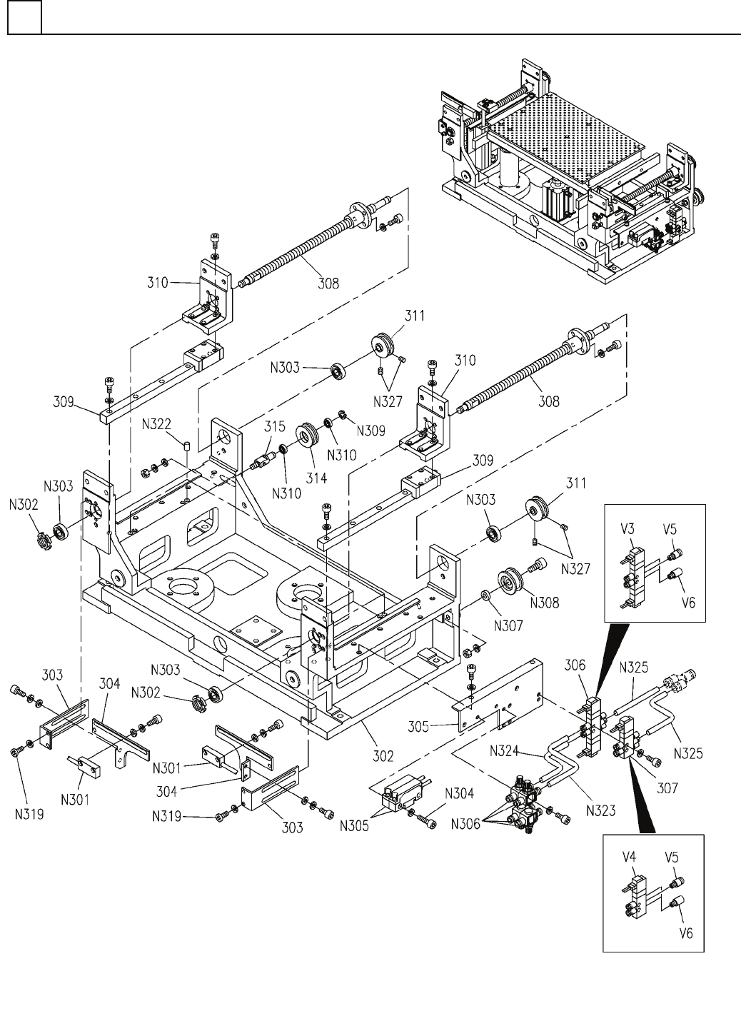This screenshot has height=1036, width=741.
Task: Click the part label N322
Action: (156, 423)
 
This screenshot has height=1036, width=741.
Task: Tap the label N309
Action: (371, 431)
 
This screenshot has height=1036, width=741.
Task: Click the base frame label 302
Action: (384, 755)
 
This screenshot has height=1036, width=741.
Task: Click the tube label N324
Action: (508, 750)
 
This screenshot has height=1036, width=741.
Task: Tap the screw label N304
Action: (459, 792)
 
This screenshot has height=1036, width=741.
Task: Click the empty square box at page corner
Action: (24, 17)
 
